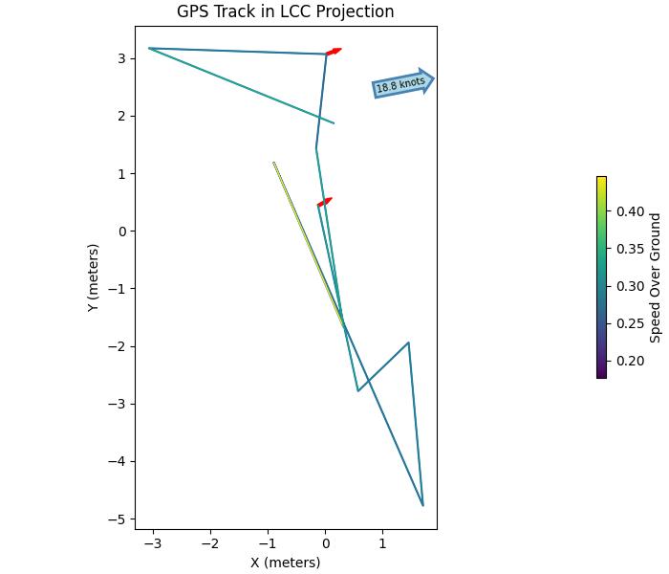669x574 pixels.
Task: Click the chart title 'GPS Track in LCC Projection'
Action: point(285,12)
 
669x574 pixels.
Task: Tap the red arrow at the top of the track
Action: point(334,51)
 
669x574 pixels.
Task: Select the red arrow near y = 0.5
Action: point(325,202)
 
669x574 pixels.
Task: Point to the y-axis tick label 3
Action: point(122,58)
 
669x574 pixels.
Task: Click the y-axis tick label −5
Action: point(119,519)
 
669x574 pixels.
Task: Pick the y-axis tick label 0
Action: point(122,232)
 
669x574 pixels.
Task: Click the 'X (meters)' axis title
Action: point(285,563)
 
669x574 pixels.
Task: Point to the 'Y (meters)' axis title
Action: point(93,278)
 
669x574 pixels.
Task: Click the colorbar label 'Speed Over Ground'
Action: point(656,277)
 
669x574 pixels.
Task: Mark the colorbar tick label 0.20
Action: point(630,361)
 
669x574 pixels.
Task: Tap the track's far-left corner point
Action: point(149,48)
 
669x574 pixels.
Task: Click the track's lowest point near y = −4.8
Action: point(422,505)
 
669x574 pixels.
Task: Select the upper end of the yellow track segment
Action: point(274,163)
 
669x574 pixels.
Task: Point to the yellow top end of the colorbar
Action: point(601,179)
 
